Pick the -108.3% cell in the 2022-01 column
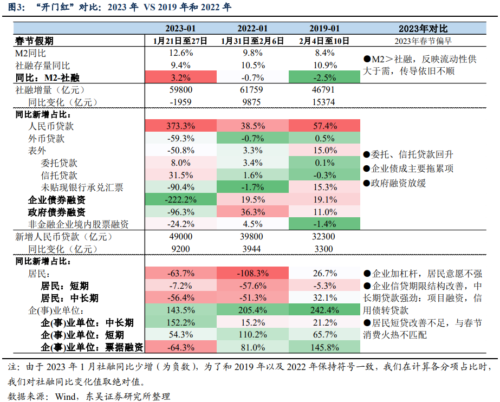click(252, 273)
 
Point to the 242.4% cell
click(324, 310)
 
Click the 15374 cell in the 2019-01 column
click(324, 101)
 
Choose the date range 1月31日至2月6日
click(252, 41)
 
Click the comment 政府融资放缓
click(395, 183)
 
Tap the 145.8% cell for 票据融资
click(324, 347)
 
